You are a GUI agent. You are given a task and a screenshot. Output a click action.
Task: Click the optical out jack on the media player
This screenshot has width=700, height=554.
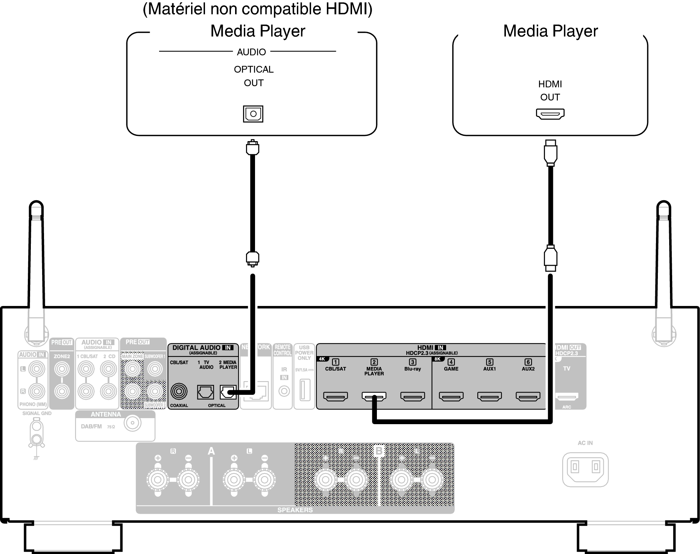[253, 114]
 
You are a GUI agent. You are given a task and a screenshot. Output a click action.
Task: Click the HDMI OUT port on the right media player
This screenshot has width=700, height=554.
[550, 114]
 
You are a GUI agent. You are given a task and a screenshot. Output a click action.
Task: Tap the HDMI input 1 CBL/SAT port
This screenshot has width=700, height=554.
[336, 396]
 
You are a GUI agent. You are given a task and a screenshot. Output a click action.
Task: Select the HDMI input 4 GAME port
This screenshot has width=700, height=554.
[451, 396]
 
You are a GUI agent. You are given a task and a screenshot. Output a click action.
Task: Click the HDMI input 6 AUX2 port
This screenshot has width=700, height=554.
[528, 396]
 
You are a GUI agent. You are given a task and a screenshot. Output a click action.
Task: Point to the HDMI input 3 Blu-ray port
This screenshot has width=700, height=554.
[412, 396]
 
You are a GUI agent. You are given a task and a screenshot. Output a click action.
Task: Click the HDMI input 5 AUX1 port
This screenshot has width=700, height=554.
[489, 396]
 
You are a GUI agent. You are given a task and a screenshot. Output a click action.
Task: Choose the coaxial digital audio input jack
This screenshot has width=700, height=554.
[179, 392]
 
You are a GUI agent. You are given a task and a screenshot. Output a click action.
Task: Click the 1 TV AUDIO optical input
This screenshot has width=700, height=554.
[205, 392]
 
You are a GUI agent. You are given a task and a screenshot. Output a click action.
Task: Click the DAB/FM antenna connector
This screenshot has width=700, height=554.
[132, 423]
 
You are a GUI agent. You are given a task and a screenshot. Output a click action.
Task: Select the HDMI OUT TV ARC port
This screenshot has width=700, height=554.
[566, 396]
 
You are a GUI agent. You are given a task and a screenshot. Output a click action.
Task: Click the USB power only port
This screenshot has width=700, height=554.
[304, 390]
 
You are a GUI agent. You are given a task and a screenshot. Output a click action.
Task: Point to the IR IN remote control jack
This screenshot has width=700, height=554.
[284, 391]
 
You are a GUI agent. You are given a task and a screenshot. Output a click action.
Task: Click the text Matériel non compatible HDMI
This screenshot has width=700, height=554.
[257, 9]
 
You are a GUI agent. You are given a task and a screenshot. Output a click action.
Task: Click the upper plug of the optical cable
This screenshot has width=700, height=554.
[252, 147]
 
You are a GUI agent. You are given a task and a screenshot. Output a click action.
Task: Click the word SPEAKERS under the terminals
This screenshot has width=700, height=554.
[295, 510]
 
